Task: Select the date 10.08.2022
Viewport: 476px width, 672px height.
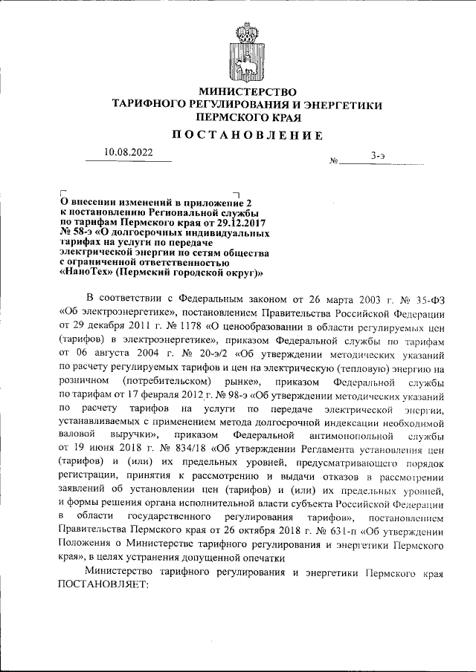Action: click(x=128, y=153)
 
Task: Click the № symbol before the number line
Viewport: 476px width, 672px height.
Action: click(x=334, y=160)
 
